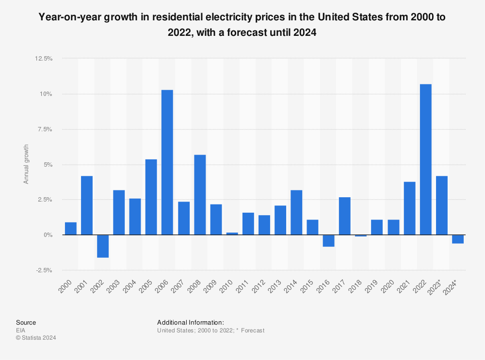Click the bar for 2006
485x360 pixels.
tap(167, 162)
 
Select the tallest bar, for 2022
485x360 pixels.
tap(425, 159)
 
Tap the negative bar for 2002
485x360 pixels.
tap(103, 246)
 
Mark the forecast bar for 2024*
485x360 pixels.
tap(457, 239)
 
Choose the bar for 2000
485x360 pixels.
tap(71, 229)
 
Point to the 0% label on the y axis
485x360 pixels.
tap(48, 235)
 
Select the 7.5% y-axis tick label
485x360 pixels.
tap(44, 129)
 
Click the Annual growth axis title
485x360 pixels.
tap(26, 164)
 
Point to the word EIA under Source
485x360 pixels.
tap(21, 330)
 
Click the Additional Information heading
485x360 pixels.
tap(190, 322)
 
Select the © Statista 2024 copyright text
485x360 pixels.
tap(36, 338)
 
